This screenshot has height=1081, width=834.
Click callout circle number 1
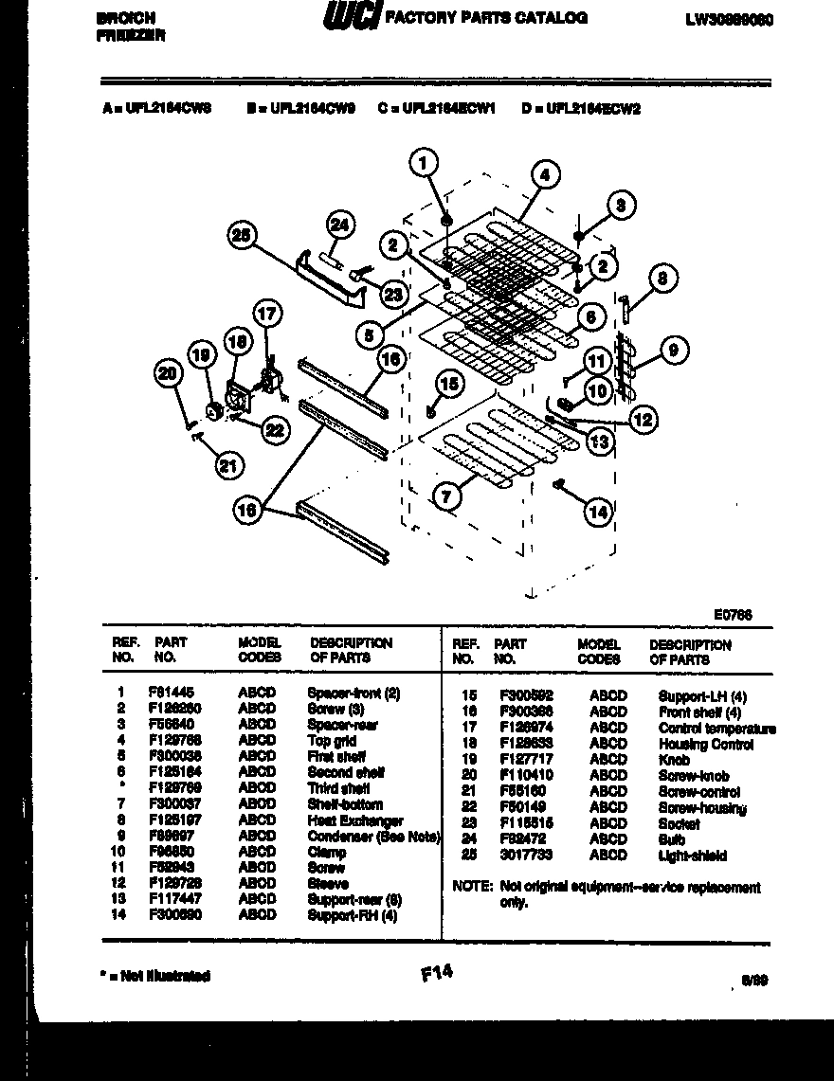coord(426,163)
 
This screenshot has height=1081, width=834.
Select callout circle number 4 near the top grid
coord(544,174)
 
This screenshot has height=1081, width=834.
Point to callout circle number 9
coord(672,351)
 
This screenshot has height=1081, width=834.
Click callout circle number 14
coord(597,513)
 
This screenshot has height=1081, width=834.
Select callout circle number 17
coord(268,313)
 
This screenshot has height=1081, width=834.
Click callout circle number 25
coord(243,236)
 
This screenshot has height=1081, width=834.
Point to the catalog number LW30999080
coord(728,18)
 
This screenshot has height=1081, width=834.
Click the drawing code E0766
coord(733,614)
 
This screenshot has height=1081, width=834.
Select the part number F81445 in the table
coord(167,693)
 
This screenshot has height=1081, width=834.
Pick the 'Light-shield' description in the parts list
coord(693,856)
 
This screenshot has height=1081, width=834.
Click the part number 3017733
coord(519,856)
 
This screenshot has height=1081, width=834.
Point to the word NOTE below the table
coord(473,888)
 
